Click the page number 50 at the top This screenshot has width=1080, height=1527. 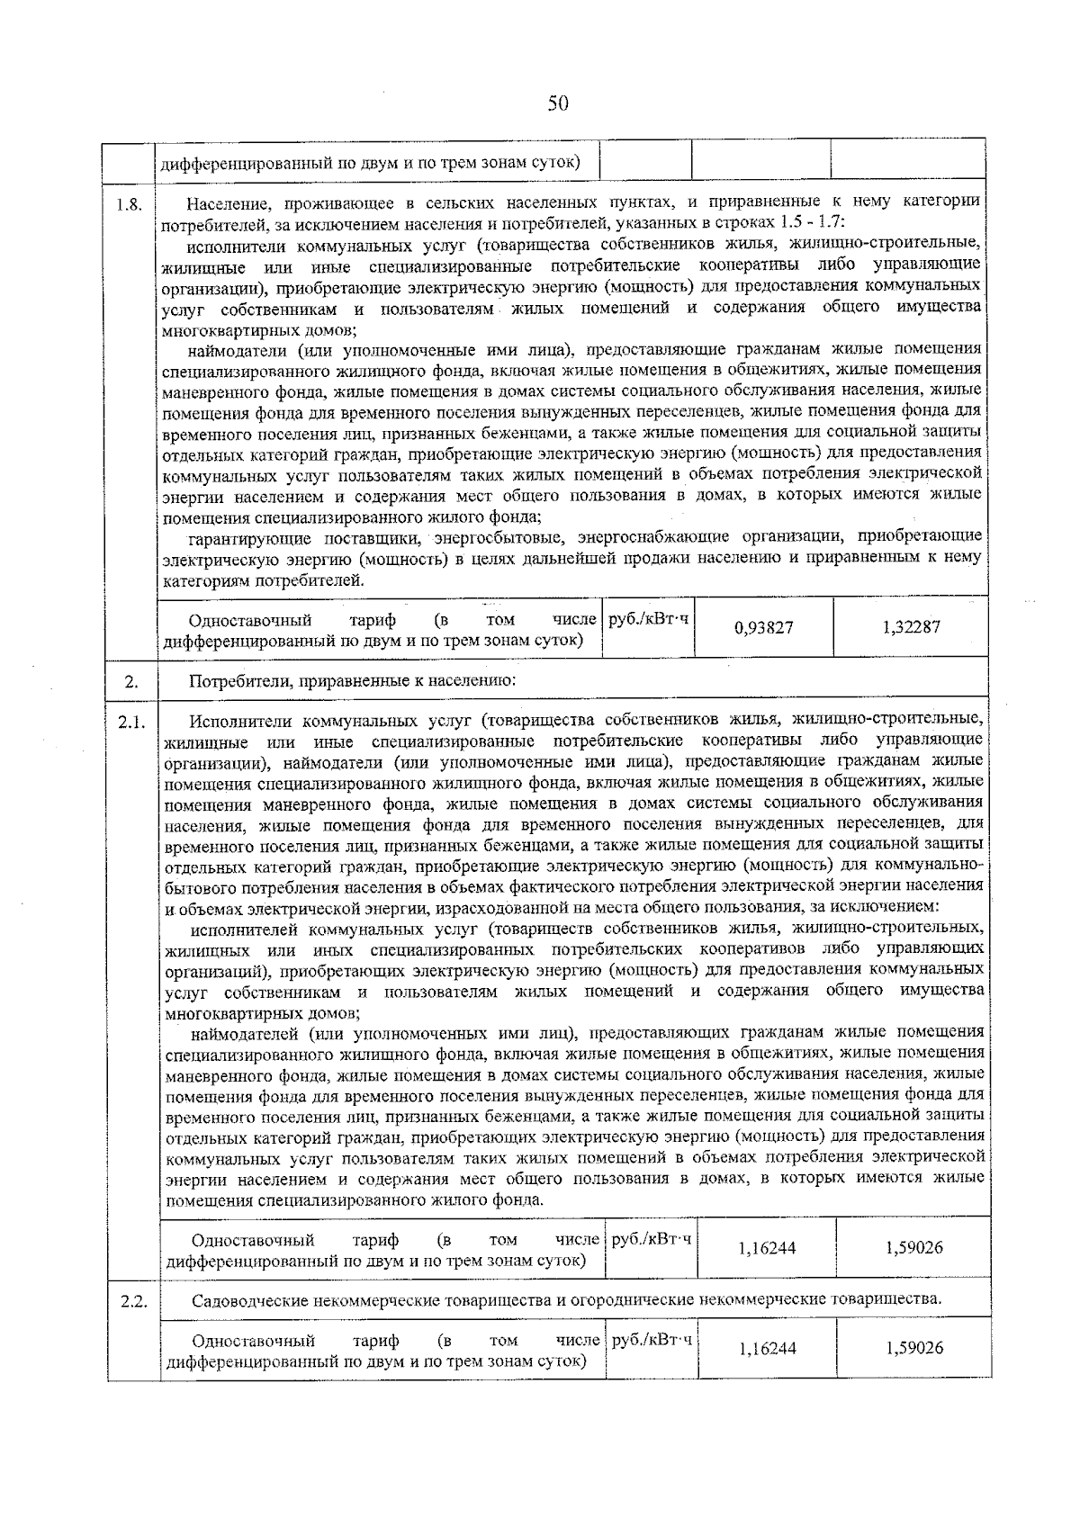click(x=558, y=103)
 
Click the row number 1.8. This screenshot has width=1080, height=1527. click(x=130, y=203)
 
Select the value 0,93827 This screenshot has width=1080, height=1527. click(x=764, y=627)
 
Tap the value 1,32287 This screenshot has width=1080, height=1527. click(x=912, y=626)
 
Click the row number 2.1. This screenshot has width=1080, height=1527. click(x=131, y=722)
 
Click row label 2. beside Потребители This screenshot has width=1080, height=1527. click(x=130, y=682)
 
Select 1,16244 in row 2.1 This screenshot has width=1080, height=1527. click(x=767, y=1248)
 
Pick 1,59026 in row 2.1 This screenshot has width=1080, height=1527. click(x=914, y=1248)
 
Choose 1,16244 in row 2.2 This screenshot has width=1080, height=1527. click(x=767, y=1348)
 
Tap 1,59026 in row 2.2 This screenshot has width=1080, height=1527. click(x=914, y=1348)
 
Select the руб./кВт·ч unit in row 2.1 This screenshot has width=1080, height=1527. click(x=652, y=1239)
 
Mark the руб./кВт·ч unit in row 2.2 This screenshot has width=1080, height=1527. click(x=652, y=1340)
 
